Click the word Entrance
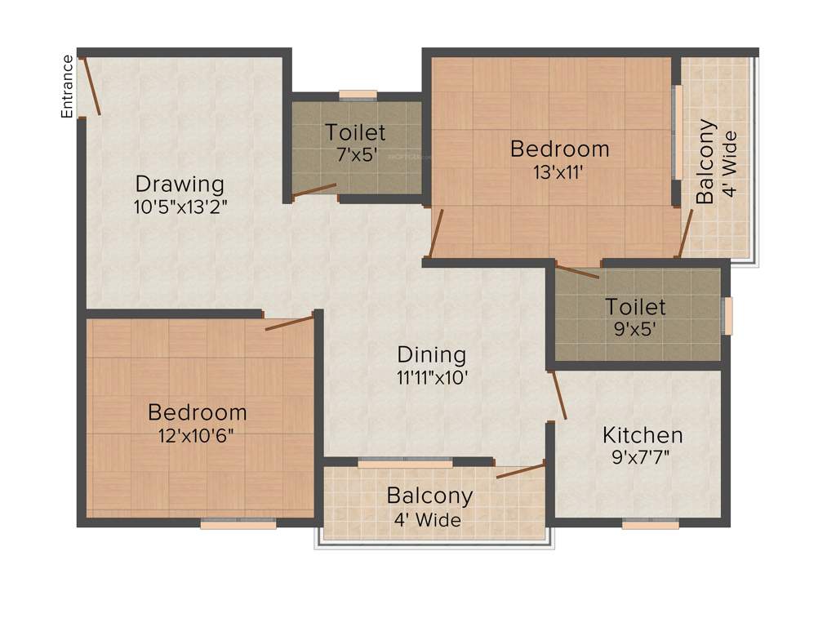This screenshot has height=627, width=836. tap(67, 87)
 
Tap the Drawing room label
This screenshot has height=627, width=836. tap(180, 183)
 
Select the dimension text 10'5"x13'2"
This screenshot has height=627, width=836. tap(180, 206)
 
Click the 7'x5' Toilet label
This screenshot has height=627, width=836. tap(355, 131)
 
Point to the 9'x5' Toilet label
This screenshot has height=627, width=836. tap(635, 307)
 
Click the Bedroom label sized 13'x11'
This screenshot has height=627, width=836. tap(559, 149)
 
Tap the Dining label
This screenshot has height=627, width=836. tap(432, 354)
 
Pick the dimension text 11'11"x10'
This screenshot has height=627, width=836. tap(432, 377)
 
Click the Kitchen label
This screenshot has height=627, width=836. tap(643, 434)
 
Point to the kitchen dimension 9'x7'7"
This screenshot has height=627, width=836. tap(643, 456)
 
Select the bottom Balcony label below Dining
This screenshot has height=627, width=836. tap(429, 496)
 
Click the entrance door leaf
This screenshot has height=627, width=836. tap(91, 86)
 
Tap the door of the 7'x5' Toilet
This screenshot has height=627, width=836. tap(314, 191)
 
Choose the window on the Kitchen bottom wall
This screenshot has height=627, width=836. tap(651, 524)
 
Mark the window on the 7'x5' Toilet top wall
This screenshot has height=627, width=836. tap(358, 94)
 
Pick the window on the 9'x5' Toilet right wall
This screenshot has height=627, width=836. tap(728, 316)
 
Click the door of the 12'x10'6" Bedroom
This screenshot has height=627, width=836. tap(289, 322)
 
